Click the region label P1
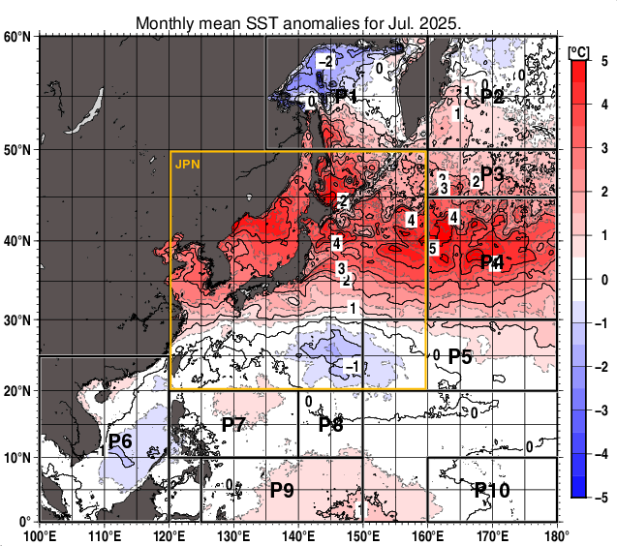[346, 97]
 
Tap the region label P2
[492, 96]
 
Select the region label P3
[492, 174]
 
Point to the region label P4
[492, 261]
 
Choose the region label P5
[460, 357]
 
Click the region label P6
[120, 441]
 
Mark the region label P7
[233, 424]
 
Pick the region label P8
[330, 424]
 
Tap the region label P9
[282, 490]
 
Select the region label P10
[492, 490]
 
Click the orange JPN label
[187, 165]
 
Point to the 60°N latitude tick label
[16, 37]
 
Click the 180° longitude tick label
[557, 535]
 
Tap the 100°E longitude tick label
[39, 535]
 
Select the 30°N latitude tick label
[16, 320]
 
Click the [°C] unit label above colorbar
[579, 50]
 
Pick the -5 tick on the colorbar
[603, 497]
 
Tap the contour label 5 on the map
[433, 249]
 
